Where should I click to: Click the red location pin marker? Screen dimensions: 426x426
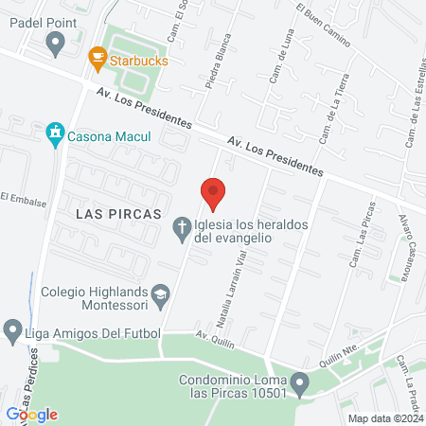(214, 192)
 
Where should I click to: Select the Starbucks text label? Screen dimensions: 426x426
(139, 61)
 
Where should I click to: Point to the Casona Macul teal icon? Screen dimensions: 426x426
(56, 135)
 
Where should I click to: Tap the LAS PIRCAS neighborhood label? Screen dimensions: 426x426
(116, 214)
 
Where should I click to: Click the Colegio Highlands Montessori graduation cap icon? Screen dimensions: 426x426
(161, 294)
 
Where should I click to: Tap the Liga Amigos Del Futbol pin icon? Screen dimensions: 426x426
(12, 330)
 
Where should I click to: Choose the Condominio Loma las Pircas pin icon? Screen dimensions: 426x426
(300, 384)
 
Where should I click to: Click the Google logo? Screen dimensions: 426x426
(31, 414)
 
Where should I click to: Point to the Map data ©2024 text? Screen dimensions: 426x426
(383, 417)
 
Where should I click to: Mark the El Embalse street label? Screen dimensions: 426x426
(18, 198)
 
